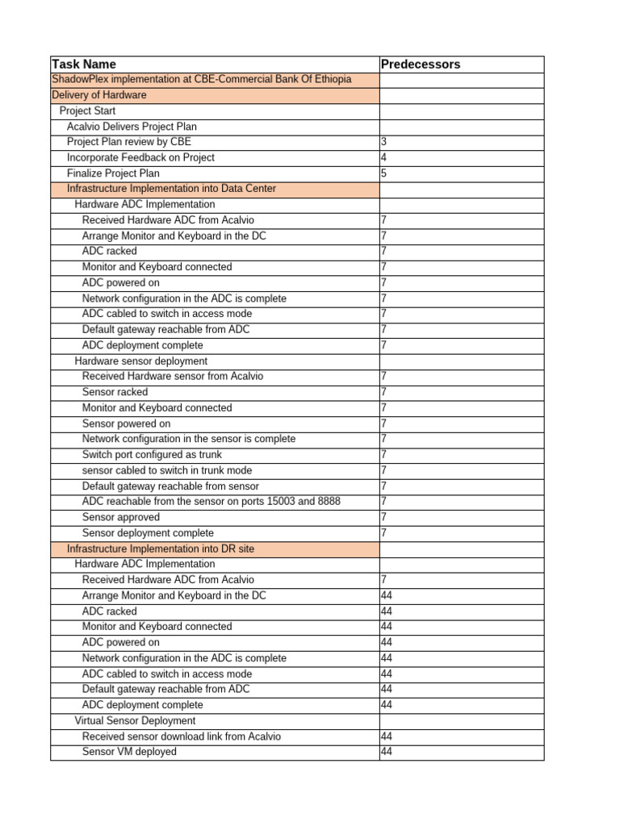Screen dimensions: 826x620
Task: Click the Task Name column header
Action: point(84,65)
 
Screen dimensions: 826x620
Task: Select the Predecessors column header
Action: point(420,65)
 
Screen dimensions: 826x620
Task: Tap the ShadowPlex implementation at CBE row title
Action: point(202,80)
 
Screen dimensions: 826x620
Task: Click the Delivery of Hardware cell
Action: point(99,95)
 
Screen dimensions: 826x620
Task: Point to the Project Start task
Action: point(87,111)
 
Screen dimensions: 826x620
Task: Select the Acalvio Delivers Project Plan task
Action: point(132,127)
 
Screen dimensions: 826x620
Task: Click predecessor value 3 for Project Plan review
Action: point(383,142)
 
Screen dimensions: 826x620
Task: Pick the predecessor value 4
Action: point(383,157)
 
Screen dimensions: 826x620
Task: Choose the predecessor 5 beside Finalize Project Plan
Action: point(383,173)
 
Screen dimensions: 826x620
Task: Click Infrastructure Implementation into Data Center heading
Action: point(171,189)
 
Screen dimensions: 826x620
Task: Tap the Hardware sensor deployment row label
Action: point(140,361)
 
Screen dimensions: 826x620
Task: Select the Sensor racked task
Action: point(115,392)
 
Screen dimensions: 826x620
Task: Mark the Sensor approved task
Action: point(121,517)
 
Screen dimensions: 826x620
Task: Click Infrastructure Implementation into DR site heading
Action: point(160,549)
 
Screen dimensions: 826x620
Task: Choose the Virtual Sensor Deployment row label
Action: point(135,720)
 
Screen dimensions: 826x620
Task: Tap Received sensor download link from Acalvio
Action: point(182,736)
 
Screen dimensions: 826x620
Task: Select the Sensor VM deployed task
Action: point(129,752)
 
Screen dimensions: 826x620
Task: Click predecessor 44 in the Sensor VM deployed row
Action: point(386,752)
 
